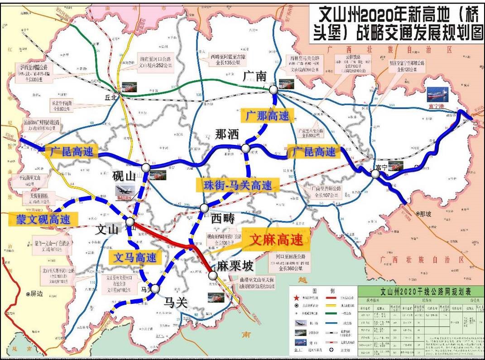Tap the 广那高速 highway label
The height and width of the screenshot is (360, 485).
point(267,115)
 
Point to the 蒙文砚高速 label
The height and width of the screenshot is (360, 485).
point(40,220)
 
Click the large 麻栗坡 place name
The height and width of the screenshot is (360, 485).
point(235,265)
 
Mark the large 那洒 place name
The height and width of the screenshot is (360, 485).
point(226,134)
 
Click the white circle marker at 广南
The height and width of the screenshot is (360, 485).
point(273,90)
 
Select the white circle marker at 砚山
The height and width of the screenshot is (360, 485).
point(145,168)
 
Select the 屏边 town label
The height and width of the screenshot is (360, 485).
point(36,293)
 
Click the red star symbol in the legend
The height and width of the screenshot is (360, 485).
point(297,298)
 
